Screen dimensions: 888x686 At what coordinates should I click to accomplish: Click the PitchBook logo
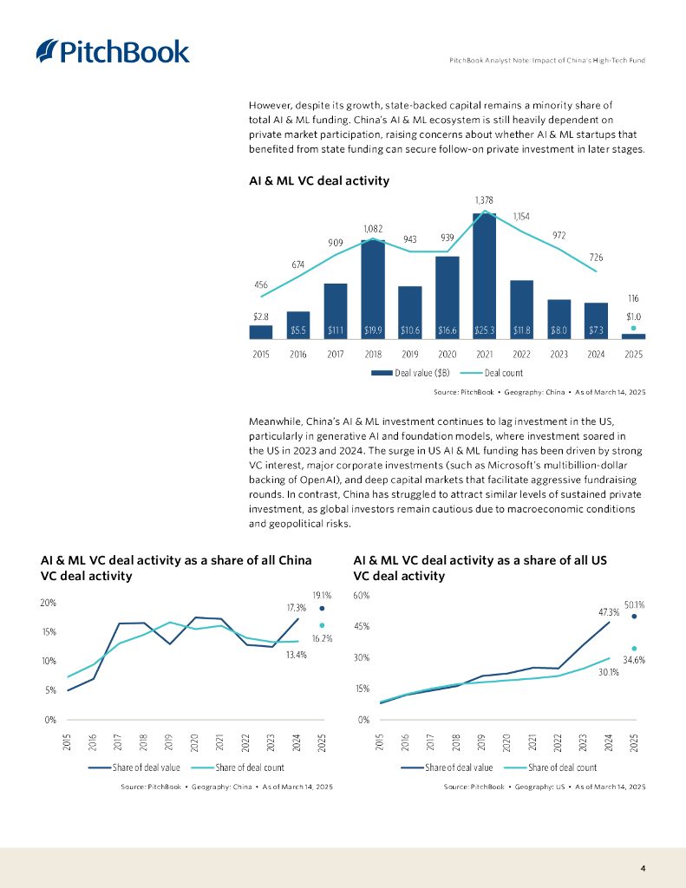(x=113, y=51)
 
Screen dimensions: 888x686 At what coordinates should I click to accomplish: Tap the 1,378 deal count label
(x=484, y=200)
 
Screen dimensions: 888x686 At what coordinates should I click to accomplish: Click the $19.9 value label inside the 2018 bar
(x=372, y=330)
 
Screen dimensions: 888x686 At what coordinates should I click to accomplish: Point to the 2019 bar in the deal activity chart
(x=409, y=312)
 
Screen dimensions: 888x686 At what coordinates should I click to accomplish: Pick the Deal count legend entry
(x=498, y=373)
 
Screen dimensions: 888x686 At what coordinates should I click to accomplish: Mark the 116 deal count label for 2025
(x=633, y=297)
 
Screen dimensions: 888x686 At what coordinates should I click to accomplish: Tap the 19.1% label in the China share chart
(x=322, y=595)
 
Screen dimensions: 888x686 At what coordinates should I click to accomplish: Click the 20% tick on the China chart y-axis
(x=49, y=603)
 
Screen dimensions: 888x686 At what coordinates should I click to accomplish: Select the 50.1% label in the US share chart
(x=634, y=604)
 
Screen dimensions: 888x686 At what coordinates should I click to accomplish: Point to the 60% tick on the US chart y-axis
(x=362, y=596)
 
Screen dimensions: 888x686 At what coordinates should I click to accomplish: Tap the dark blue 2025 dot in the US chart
(x=634, y=617)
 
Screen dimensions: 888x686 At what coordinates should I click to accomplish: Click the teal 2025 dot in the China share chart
(x=322, y=625)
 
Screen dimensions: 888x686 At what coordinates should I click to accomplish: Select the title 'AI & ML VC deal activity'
(x=318, y=181)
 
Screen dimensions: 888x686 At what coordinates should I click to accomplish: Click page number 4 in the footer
(x=643, y=868)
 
